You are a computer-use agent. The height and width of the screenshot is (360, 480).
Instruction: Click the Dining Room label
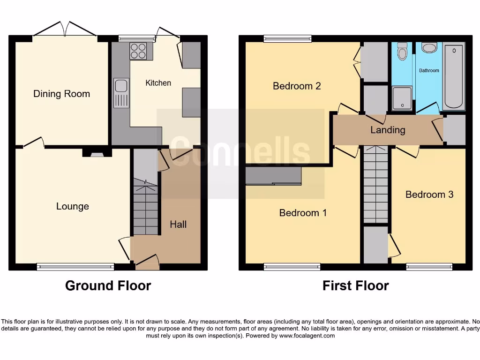pos(61,94)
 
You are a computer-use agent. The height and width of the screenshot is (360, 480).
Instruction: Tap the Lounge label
pos(72,206)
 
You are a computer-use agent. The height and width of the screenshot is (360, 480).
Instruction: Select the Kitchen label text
pos(158,83)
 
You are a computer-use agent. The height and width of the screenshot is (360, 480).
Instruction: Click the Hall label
pos(178,225)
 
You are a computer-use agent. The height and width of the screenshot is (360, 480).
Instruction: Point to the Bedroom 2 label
pos(297,86)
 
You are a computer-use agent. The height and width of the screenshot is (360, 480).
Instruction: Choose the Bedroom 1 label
pos(303,213)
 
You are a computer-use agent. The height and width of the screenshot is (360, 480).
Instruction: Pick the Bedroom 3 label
pos(429,195)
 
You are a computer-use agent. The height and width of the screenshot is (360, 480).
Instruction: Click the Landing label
pos(388,130)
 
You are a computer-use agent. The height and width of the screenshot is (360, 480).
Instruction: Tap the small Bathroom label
pos(429,70)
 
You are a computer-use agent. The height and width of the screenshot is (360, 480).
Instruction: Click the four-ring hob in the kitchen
pos(138,51)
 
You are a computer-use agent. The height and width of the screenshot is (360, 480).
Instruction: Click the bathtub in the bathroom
pos(454,76)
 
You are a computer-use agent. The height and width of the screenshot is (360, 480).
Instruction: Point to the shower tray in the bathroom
pos(402,98)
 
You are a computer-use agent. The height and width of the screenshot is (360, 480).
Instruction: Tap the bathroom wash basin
pos(429,47)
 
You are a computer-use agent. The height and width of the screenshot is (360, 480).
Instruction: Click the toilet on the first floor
pos(402,52)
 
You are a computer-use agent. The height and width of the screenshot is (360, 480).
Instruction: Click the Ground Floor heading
pos(108,285)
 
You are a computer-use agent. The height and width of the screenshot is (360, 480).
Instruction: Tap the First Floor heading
pos(355,285)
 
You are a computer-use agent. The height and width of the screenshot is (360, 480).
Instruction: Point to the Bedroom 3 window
pos(429,267)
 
